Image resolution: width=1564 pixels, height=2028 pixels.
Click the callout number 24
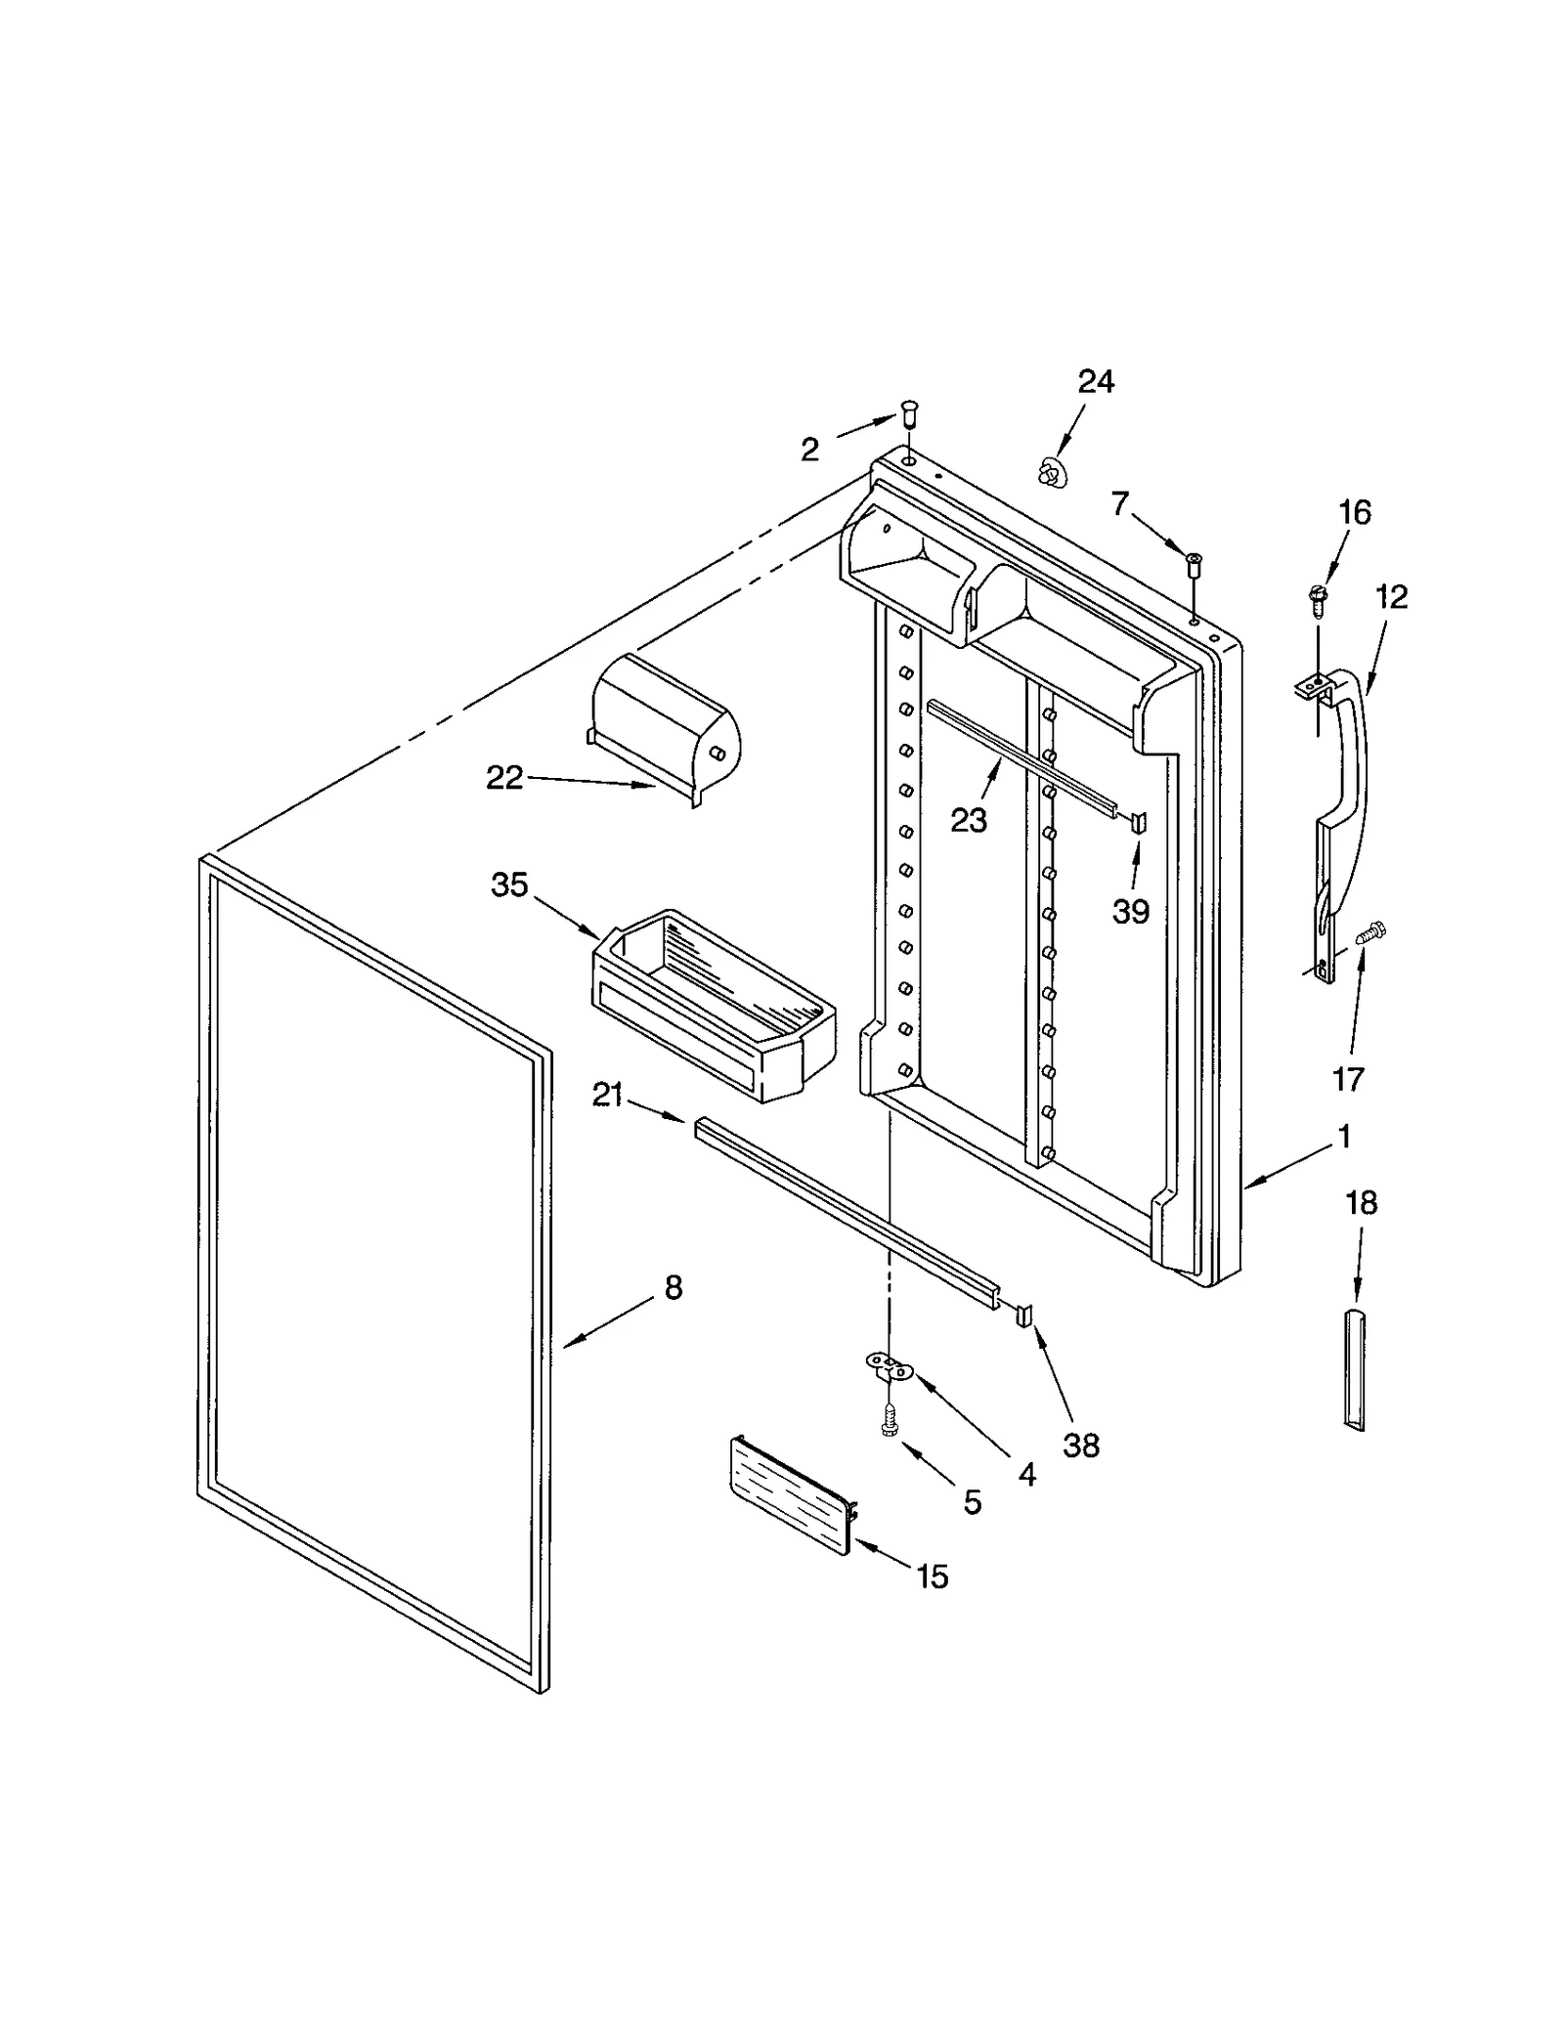(1095, 381)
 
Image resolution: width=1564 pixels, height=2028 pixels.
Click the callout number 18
(1361, 1203)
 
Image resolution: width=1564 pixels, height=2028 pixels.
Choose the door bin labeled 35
(713, 1007)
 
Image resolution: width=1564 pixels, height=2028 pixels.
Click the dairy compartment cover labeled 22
(665, 729)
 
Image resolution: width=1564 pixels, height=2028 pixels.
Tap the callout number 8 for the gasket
(673, 1288)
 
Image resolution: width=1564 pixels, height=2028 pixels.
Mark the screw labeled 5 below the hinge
(890, 1419)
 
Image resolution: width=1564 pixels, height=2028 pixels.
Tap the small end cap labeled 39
(1139, 821)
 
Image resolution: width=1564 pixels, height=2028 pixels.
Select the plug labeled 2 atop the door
(910, 414)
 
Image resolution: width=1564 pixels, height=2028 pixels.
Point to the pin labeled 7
(1194, 565)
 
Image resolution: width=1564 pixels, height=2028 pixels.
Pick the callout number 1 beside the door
(1345, 1137)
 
